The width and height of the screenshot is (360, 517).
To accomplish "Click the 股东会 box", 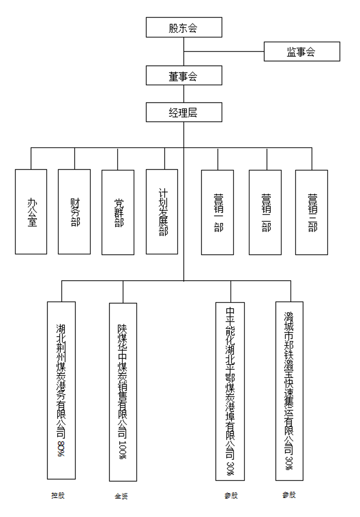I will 184,27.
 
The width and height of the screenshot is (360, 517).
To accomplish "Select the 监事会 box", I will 302,52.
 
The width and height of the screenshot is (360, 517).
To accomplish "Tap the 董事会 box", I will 184,75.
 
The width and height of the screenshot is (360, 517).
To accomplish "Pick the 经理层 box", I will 184,112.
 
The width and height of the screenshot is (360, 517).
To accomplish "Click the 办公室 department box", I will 31,212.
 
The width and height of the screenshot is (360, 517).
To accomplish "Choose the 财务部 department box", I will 74,212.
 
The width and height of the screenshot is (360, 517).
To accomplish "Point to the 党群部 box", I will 118,212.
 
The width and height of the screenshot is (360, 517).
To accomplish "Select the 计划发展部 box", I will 162,212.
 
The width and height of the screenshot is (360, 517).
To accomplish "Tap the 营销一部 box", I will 217,212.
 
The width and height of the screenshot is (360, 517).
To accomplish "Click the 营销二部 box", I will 265,212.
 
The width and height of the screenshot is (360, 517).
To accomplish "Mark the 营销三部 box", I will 312,212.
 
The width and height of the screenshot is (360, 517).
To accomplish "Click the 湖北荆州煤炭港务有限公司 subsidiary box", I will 61,390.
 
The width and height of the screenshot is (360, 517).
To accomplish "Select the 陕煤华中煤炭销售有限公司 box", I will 123,392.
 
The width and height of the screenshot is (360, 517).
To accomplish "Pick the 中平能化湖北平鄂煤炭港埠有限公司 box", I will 230,391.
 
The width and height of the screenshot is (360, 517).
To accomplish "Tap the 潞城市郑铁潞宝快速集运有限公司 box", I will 289,391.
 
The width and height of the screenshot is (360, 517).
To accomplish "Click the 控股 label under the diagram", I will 58,495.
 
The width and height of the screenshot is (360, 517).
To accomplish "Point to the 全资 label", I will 121,496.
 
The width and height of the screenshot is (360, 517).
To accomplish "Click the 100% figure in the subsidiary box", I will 123,449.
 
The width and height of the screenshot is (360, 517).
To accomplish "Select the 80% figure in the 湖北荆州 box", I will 61,448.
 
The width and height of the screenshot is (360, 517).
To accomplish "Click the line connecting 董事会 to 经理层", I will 184,94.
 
